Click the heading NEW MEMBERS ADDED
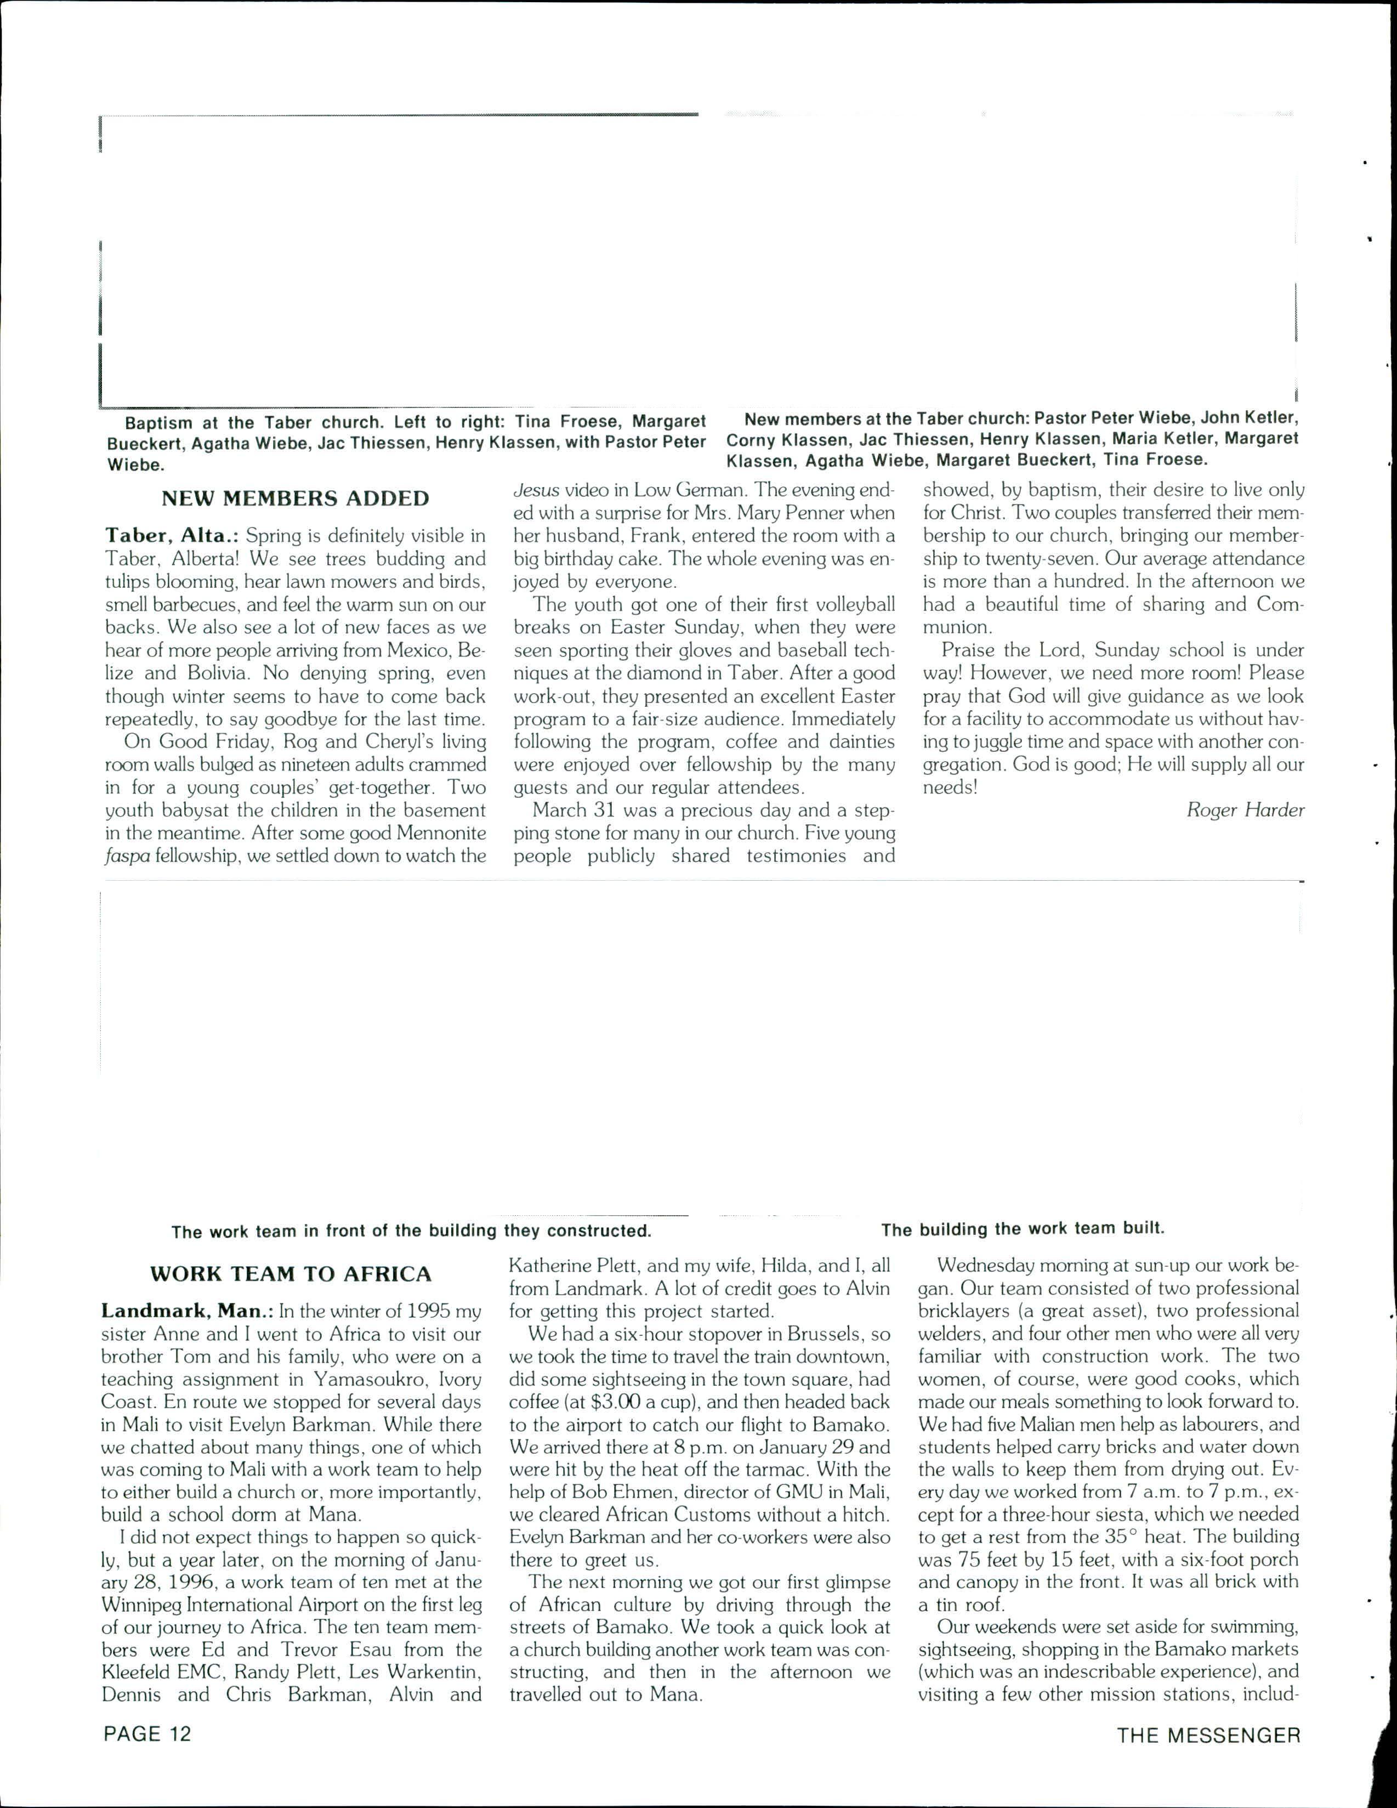296,498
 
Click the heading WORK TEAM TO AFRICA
291,1273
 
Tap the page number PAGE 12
147,1733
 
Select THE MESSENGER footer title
1208,1735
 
